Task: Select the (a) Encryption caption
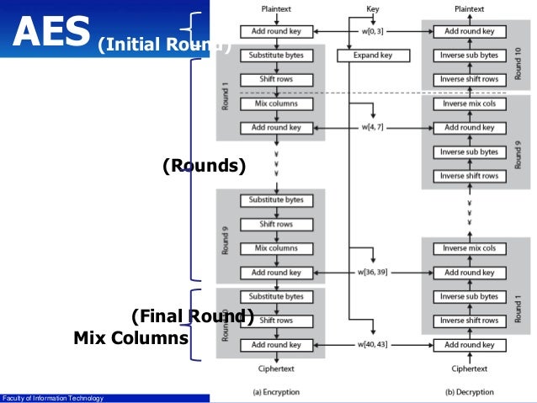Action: pos(276,392)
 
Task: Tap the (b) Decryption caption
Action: pos(469,392)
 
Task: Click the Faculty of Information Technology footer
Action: pos(52,398)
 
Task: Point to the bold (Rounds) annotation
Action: pos(205,167)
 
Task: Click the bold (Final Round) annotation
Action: pos(192,316)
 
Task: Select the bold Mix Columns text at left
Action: pos(130,338)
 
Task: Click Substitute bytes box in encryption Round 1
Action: pos(276,56)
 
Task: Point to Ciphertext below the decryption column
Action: pos(469,369)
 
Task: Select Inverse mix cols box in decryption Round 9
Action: pos(469,103)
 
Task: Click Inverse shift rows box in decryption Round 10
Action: pos(469,80)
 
